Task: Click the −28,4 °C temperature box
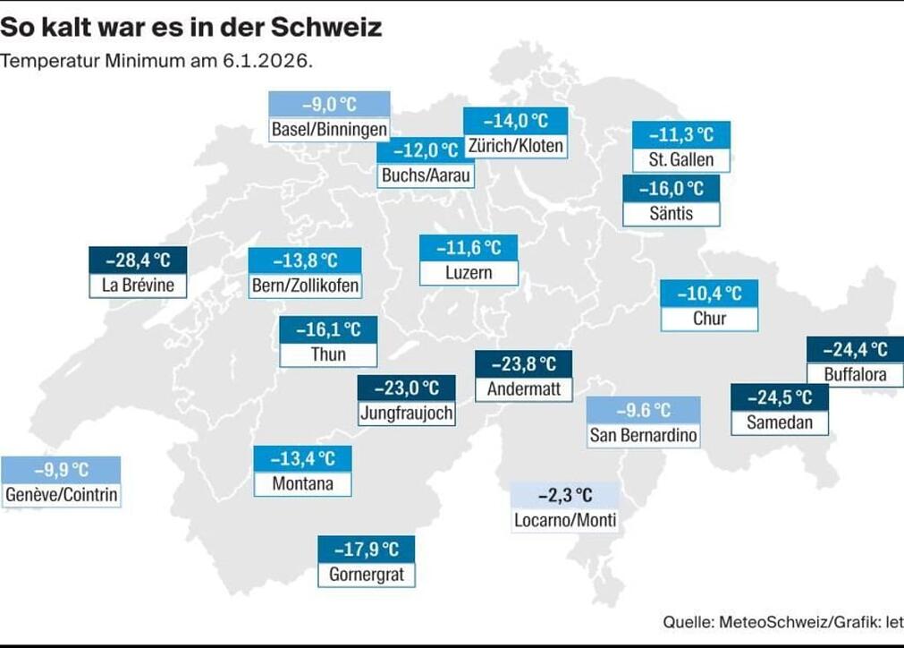[138, 260]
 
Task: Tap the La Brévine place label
[138, 286]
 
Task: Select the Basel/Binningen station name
[329, 130]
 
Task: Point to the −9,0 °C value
[329, 104]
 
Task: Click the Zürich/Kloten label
[515, 145]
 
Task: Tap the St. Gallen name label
[680, 160]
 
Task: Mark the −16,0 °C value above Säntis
[671, 189]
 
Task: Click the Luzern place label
[469, 272]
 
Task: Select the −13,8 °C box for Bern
[305, 260]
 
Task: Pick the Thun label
[328, 354]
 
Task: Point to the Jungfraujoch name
[406, 414]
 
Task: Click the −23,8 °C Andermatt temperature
[523, 363]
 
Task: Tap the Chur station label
[709, 318]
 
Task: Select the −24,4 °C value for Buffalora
[854, 349]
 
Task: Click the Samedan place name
[779, 422]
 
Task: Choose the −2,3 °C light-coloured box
[565, 495]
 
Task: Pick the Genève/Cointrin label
[61, 495]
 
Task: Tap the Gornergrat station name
[366, 574]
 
